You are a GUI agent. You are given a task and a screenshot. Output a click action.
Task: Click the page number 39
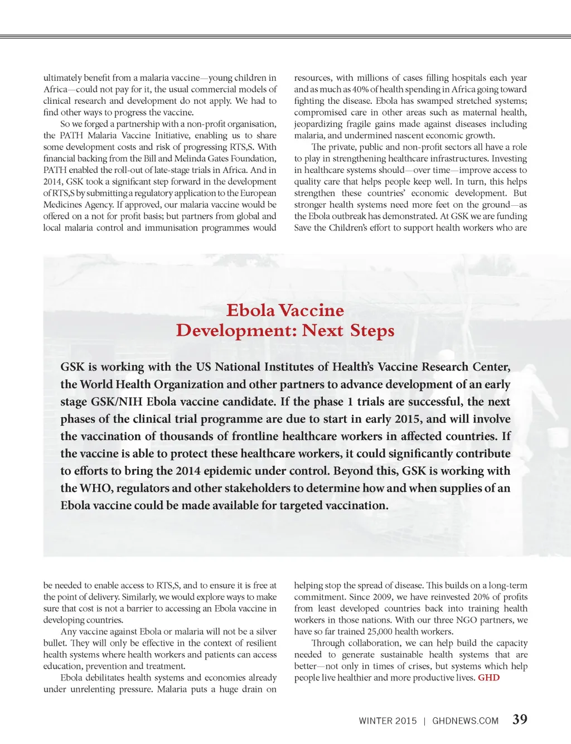(x=520, y=719)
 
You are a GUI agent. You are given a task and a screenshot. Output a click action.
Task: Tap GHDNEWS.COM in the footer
(x=465, y=721)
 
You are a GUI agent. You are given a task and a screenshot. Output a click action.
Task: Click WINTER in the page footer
(x=375, y=721)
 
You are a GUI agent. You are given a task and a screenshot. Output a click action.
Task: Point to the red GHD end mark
(x=488, y=678)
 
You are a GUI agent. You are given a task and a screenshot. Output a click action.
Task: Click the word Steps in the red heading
(x=372, y=330)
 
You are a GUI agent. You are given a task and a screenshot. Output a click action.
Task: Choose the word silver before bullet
(x=265, y=631)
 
